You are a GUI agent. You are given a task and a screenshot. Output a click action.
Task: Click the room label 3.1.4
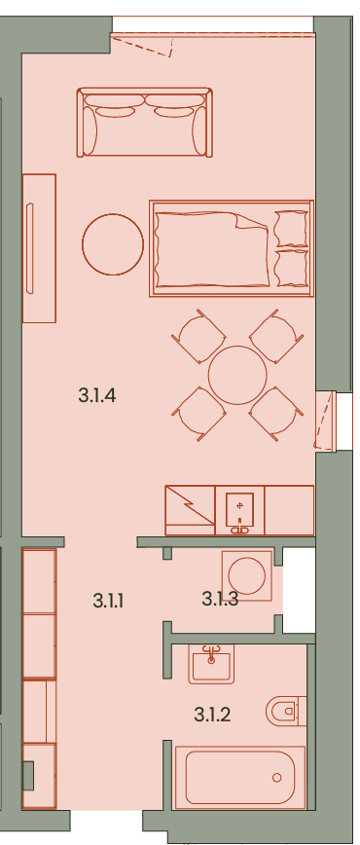(97, 396)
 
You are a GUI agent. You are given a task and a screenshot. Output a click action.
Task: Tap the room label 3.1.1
(108, 601)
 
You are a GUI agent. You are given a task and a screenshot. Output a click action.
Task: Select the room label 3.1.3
(220, 598)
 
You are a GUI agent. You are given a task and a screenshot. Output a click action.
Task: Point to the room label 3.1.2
(212, 715)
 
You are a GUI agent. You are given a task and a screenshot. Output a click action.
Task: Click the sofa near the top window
(144, 123)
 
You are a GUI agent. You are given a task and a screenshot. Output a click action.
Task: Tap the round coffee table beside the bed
(113, 244)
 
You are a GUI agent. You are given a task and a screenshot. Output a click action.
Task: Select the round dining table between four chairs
(237, 375)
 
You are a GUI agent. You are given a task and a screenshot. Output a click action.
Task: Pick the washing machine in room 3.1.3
(247, 576)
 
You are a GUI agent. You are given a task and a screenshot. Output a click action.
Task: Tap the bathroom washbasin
(211, 666)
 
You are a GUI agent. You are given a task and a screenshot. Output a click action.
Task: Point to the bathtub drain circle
(277, 778)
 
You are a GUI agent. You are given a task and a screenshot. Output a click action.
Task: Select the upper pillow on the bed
(291, 229)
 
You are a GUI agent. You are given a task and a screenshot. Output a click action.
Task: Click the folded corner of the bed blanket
(251, 221)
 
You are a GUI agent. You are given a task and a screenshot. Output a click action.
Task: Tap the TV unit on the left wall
(39, 248)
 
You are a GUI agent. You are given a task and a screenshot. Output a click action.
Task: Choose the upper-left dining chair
(198, 336)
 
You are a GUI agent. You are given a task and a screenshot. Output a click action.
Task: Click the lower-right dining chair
(275, 414)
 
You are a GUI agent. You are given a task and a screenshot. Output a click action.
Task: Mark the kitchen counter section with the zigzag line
(191, 510)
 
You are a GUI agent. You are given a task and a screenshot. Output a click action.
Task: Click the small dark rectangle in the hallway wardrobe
(28, 776)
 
